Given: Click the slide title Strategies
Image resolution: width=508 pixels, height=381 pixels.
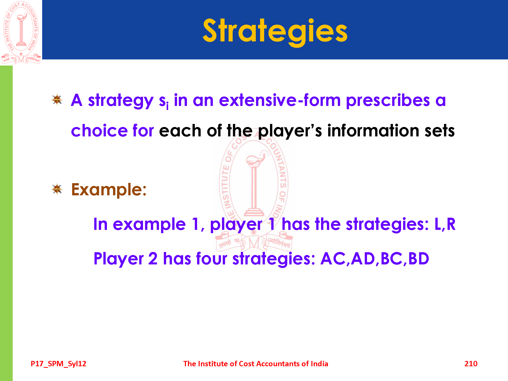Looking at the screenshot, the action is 275,32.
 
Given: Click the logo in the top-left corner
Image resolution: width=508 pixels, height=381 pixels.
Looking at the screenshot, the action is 21,33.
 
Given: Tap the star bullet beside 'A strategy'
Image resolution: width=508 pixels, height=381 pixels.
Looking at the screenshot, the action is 57,100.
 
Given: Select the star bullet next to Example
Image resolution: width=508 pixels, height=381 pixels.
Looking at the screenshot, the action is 57,189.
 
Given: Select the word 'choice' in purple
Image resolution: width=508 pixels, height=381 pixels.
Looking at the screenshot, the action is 99,131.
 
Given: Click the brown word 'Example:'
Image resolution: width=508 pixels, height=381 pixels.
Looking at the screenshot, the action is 109,189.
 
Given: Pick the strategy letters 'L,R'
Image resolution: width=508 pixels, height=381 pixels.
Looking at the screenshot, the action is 445,224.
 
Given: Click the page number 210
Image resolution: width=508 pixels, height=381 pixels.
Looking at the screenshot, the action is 471,364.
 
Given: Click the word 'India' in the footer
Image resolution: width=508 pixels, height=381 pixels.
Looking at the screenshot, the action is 320,364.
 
